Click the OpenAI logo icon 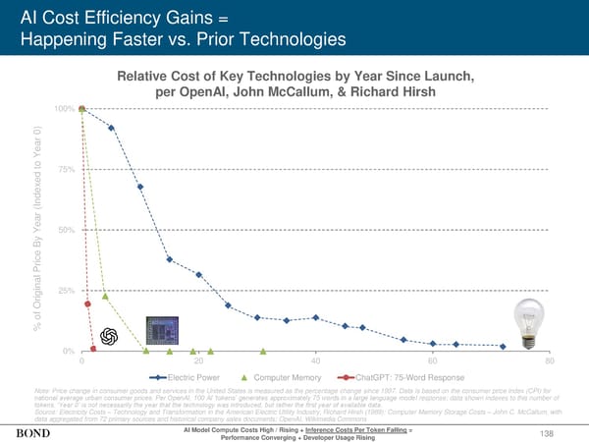[x=108, y=335]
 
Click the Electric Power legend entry [x=186, y=377]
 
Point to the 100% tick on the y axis [x=64, y=107]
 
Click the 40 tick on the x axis [x=314, y=361]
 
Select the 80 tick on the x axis [x=549, y=361]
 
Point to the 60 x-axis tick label [x=432, y=361]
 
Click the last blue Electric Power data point [x=503, y=346]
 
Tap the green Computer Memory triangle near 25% [x=104, y=296]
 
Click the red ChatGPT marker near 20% [x=87, y=304]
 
